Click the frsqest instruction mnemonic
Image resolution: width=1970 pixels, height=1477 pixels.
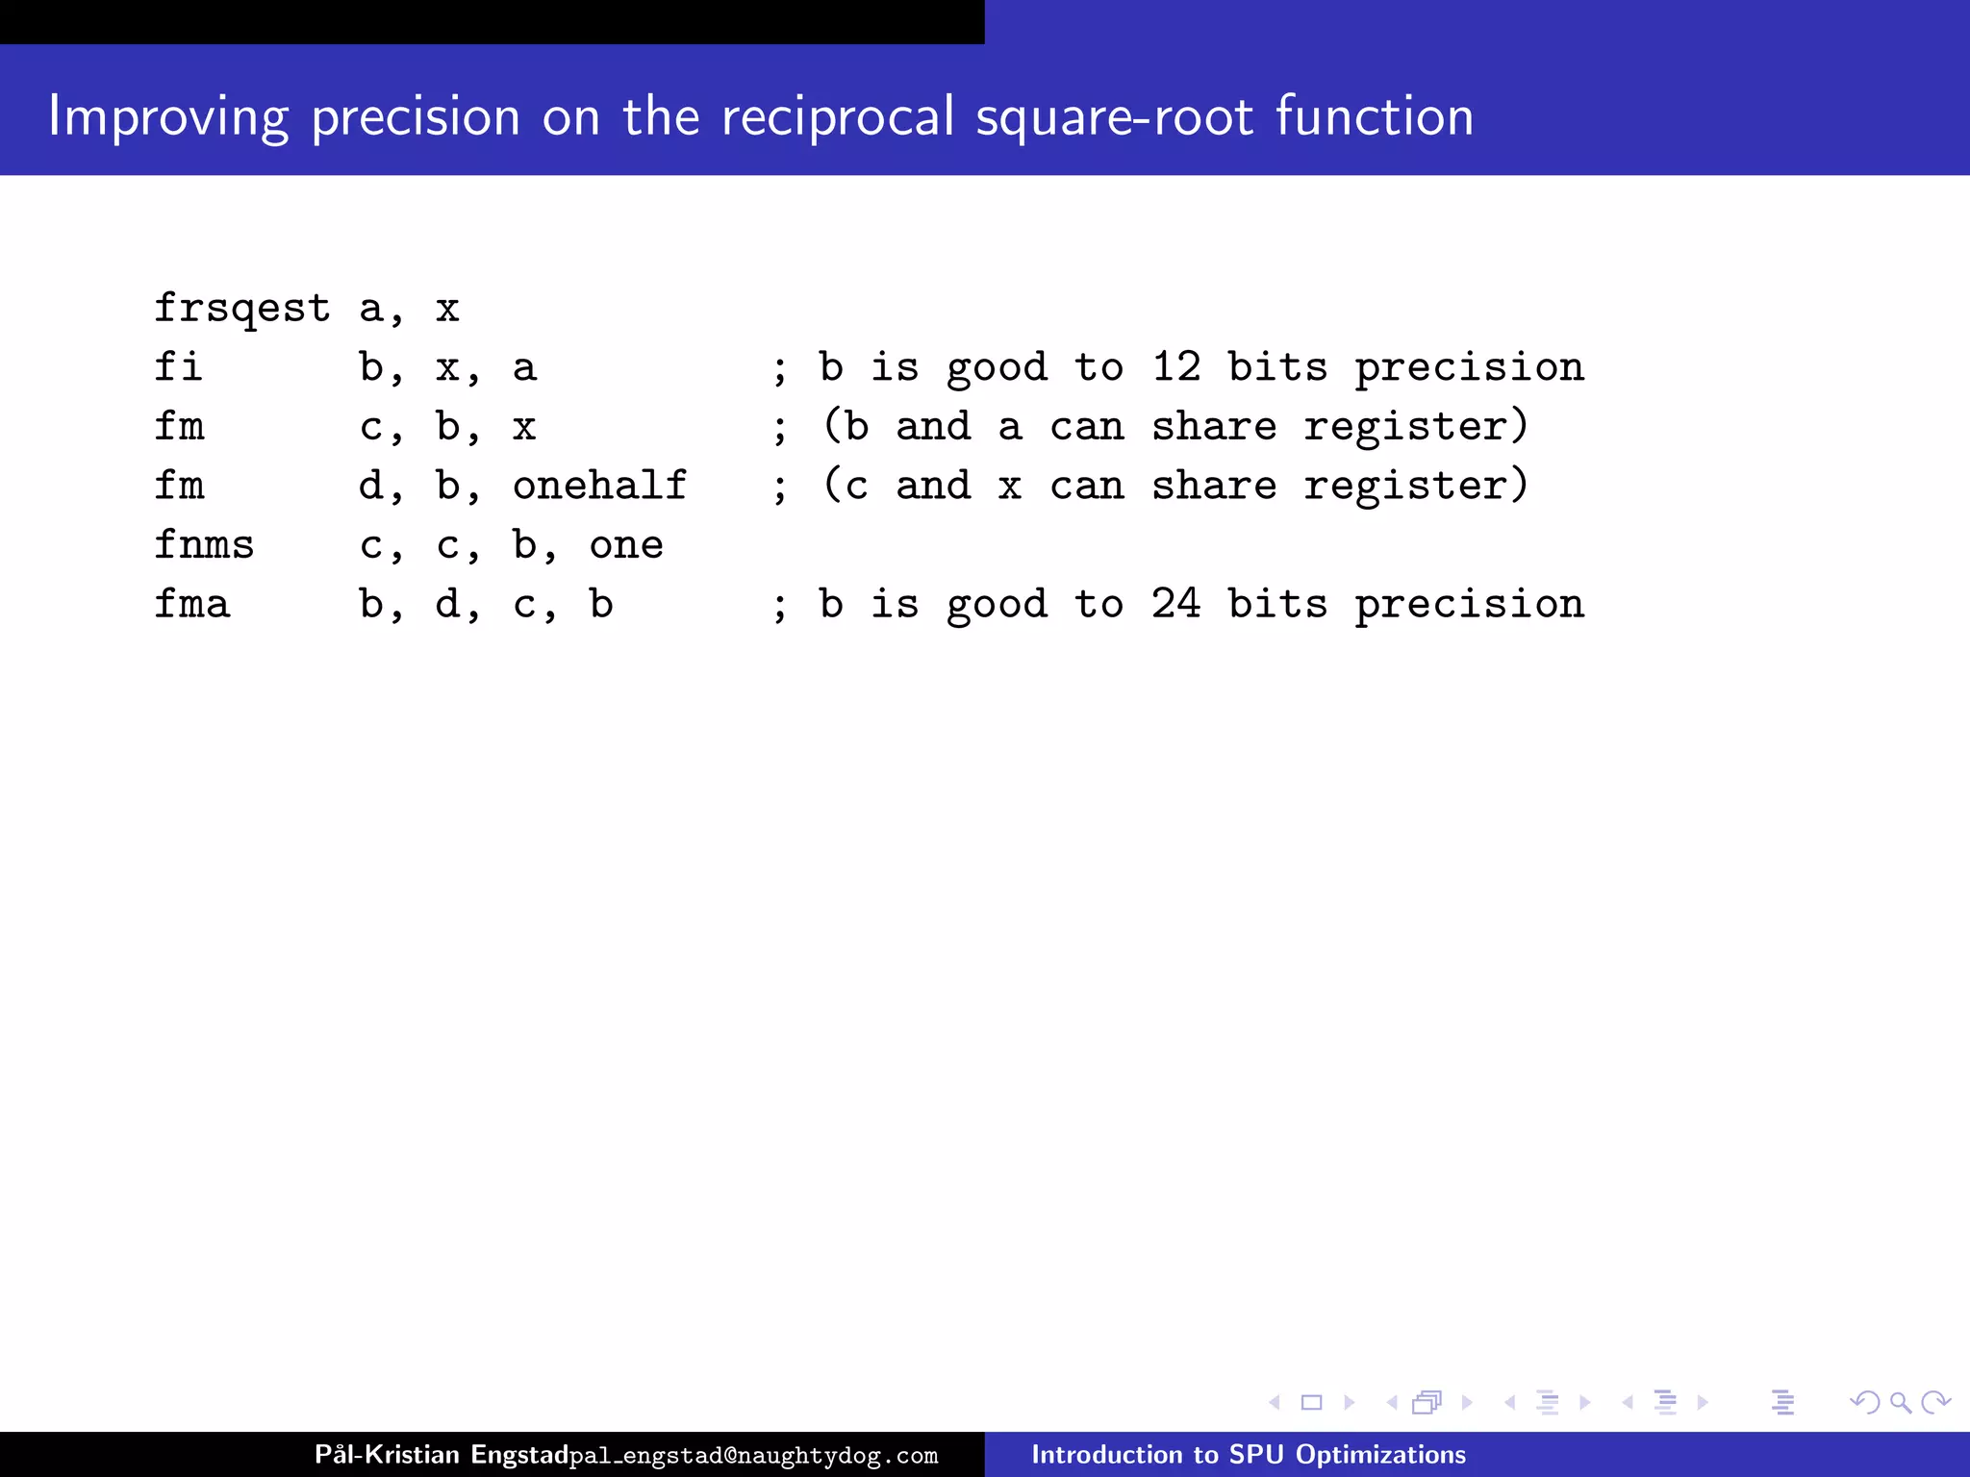242,309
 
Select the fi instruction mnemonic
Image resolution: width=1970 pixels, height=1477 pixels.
179,367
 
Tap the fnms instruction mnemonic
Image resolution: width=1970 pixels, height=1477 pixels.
204,545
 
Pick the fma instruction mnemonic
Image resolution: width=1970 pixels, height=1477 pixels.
191,605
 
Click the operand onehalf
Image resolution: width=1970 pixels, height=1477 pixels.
599,486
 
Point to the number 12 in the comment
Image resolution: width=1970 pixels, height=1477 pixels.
1175,367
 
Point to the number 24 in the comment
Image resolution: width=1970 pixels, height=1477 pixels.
1175,605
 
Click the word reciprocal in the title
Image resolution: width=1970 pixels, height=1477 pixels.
837,117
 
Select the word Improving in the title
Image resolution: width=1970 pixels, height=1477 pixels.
168,117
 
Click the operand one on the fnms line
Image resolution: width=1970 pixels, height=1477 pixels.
625,545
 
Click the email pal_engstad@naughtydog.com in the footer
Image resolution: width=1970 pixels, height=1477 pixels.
753,1456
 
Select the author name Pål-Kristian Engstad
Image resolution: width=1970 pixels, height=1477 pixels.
442,1454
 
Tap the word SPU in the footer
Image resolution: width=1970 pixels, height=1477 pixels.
1256,1454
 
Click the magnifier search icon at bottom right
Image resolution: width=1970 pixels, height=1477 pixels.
1900,1403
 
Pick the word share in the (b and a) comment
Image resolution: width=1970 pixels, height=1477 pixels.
1214,427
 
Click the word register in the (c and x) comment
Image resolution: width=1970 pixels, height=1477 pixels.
1414,486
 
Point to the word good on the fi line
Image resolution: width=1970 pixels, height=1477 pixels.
997,367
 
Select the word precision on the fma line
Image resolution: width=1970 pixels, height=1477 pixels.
1469,605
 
